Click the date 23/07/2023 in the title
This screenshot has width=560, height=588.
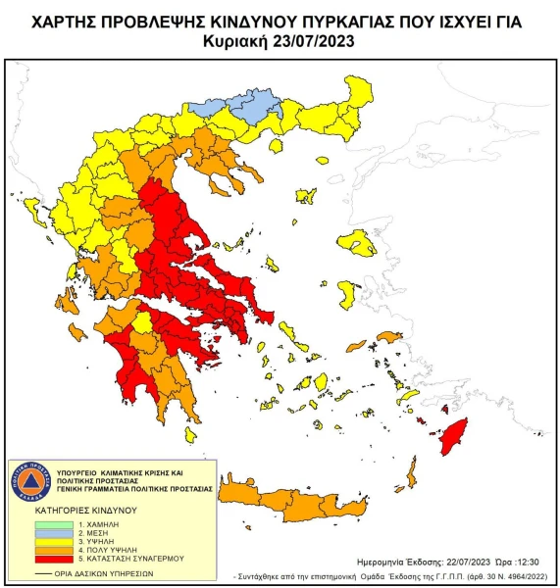[x=314, y=40]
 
